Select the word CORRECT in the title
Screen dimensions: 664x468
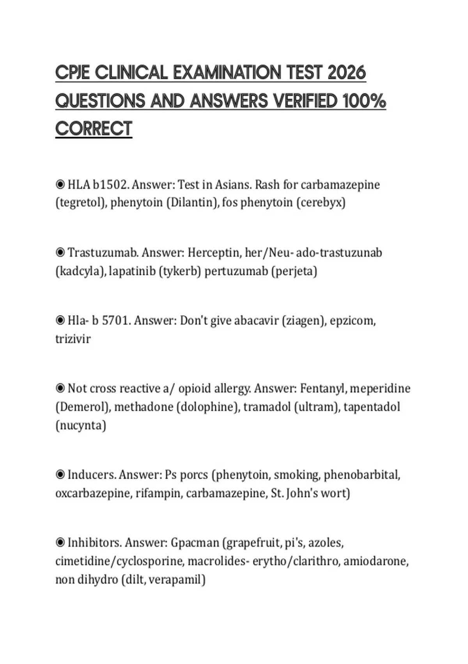tap(94, 129)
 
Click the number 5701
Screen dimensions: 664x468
tap(115, 321)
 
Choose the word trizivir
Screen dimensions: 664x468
tap(73, 339)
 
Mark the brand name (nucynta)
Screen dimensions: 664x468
tap(81, 425)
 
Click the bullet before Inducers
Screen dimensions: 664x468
tap(60, 475)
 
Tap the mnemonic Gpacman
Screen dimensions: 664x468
tap(195, 543)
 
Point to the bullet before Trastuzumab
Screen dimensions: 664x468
tap(60, 253)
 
